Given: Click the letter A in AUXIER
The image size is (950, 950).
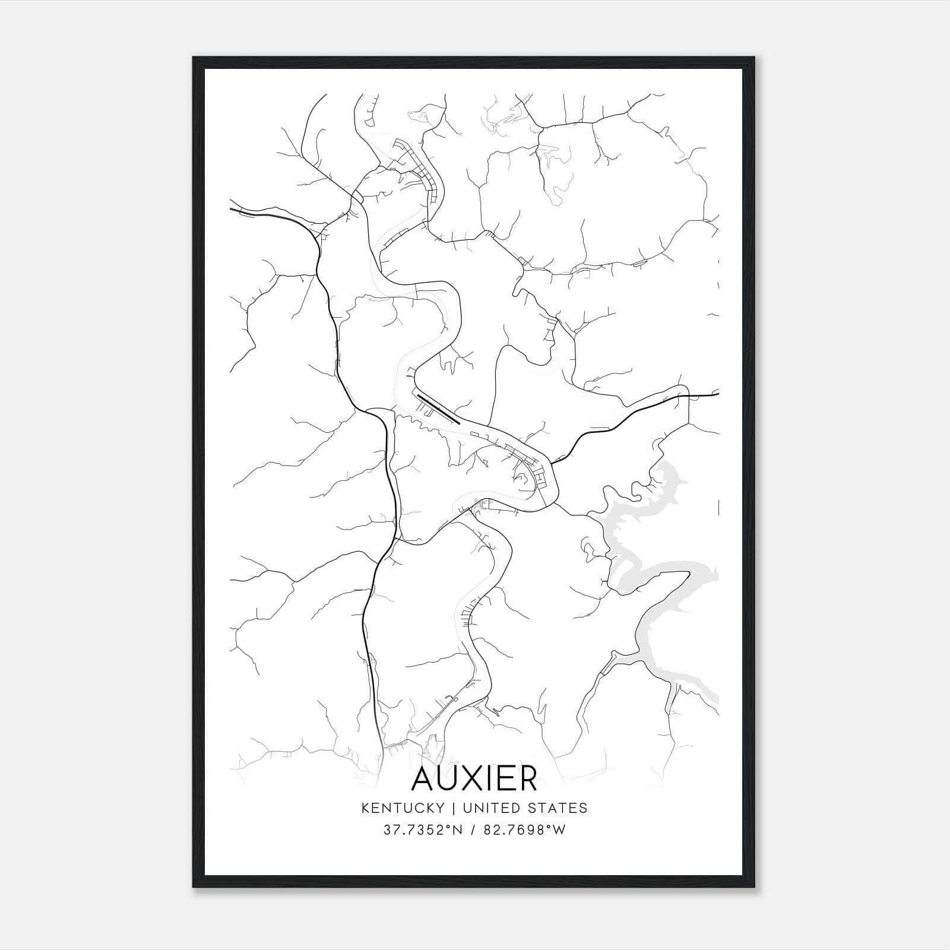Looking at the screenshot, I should pyautogui.click(x=426, y=779).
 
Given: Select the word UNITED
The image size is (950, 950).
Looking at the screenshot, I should pyautogui.click(x=486, y=807).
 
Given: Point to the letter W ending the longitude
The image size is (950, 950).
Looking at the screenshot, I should pyautogui.click(x=559, y=830).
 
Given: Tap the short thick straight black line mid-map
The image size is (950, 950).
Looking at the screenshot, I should pyautogui.click(x=438, y=408).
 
